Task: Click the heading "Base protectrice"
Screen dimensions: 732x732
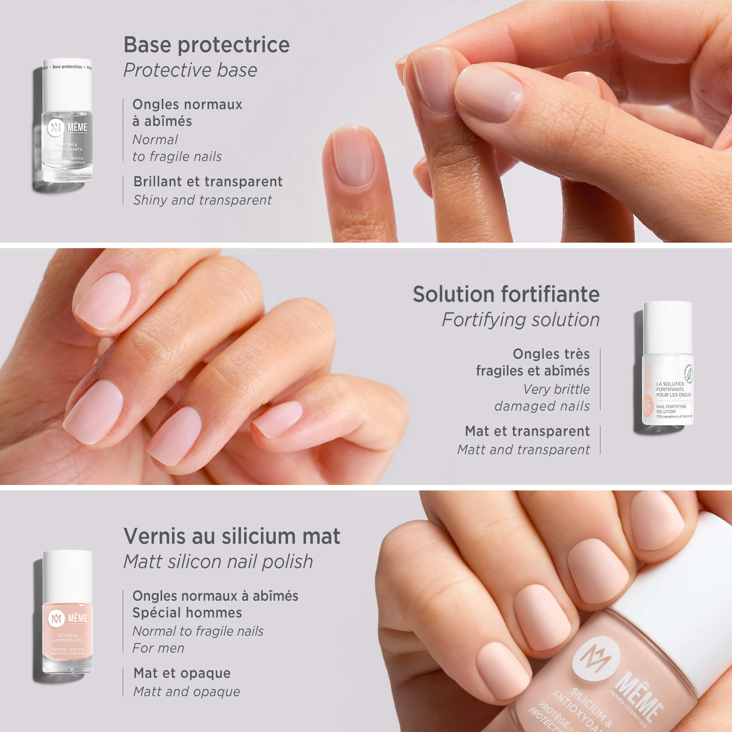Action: click(206, 45)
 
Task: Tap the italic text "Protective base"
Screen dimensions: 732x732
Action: click(190, 71)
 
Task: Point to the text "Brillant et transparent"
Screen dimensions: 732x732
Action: click(208, 182)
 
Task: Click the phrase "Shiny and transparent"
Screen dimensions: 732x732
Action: click(202, 200)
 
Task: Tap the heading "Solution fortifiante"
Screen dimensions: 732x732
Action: click(506, 294)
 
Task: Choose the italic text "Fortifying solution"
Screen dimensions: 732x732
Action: click(520, 320)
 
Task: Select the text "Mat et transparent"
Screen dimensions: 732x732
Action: click(527, 431)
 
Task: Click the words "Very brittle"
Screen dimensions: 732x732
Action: click(556, 389)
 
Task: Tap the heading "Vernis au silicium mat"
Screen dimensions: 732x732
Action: click(232, 537)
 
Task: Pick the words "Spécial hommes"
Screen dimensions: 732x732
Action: click(187, 613)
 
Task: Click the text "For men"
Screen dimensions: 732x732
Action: click(158, 648)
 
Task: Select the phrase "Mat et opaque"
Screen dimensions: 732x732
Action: click(182, 673)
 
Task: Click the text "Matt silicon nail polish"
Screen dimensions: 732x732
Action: click(218, 561)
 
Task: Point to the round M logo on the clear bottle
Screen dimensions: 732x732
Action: click(55, 128)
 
